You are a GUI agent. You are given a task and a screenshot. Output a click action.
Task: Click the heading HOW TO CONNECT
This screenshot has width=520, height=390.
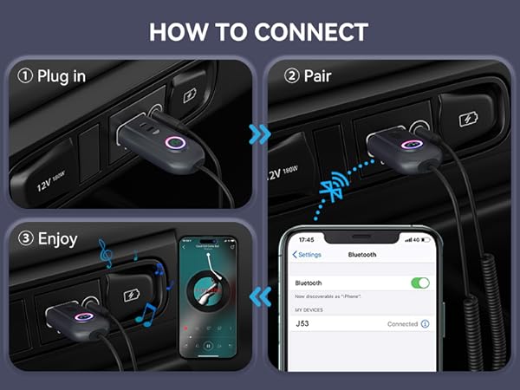tap(259, 33)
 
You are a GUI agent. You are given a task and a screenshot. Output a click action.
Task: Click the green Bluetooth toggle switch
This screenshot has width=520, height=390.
tap(419, 283)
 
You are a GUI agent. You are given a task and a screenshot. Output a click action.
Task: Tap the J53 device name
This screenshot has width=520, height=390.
tap(302, 324)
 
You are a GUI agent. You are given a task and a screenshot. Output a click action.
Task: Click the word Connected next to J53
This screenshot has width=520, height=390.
tap(402, 324)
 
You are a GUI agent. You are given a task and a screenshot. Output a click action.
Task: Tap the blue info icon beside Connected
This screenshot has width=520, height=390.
tap(426, 324)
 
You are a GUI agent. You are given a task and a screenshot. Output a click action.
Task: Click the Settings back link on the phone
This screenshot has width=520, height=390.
tap(307, 255)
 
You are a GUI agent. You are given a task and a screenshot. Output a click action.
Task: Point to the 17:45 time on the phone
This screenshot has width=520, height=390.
tap(306, 239)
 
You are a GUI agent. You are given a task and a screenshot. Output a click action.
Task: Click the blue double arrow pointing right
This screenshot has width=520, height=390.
tap(258, 134)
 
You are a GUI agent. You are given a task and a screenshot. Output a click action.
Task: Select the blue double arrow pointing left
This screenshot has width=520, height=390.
tap(258, 297)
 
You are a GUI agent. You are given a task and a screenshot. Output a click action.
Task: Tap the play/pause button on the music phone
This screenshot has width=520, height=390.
tap(208, 345)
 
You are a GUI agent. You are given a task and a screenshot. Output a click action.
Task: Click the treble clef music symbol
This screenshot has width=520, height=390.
tap(105, 253)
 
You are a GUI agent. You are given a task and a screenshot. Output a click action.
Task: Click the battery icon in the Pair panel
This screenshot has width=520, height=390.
tap(467, 119)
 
